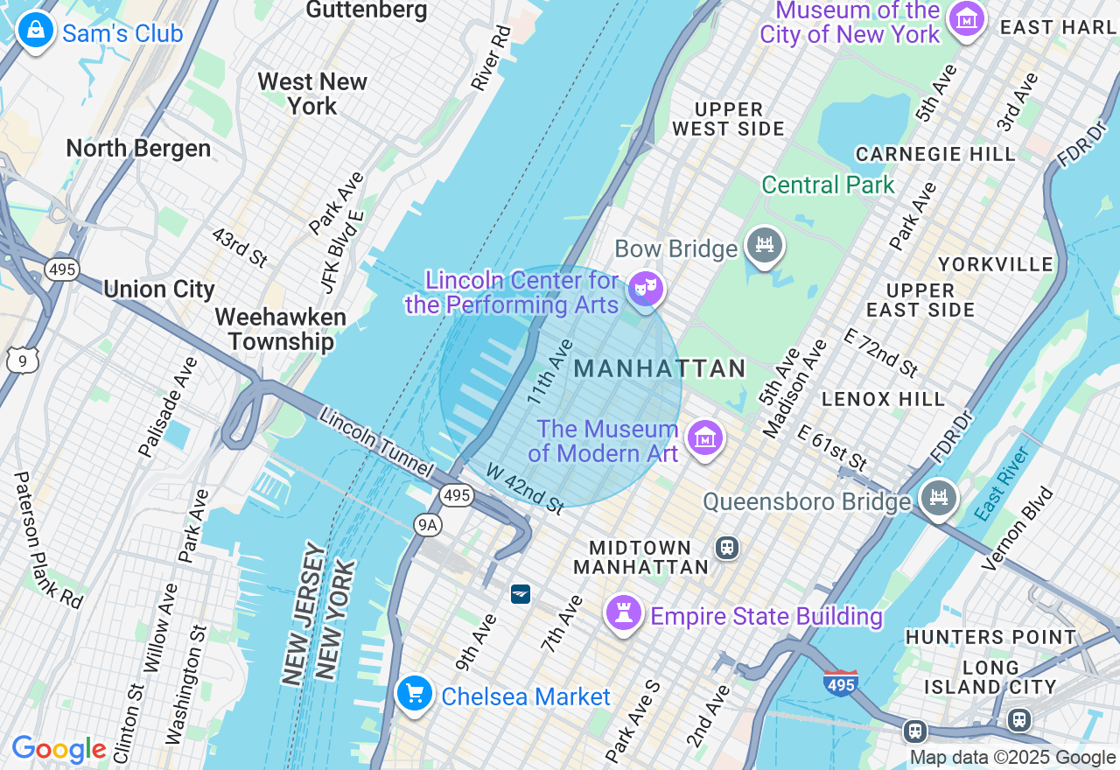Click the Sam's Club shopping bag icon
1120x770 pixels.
click(35, 31)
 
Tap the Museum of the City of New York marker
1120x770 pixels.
click(967, 19)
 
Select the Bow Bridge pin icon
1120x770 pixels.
click(764, 245)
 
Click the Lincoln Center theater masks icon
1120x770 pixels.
click(646, 288)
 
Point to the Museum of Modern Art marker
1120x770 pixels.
click(704, 437)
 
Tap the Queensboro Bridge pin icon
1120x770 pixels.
click(938, 499)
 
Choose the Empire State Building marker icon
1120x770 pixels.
click(624, 612)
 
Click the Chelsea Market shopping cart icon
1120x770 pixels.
click(414, 694)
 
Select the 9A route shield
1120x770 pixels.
click(428, 524)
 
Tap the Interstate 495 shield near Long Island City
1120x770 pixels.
click(840, 682)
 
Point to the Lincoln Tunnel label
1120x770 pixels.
click(376, 442)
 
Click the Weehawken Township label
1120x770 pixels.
click(280, 329)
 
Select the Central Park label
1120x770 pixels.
click(828, 185)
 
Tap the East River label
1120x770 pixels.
click(1004, 481)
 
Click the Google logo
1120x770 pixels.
click(59, 750)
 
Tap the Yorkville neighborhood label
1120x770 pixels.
click(995, 264)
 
